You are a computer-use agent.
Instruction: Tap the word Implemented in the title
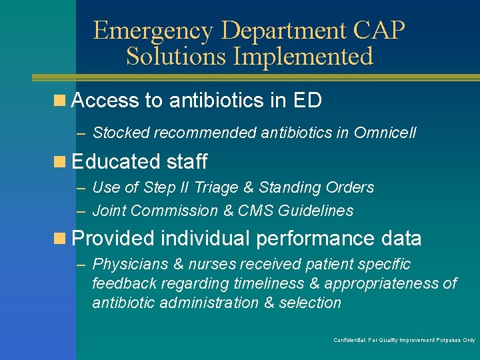tap(303, 57)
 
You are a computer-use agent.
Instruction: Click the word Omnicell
tap(385, 133)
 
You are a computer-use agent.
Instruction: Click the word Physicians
tap(129, 265)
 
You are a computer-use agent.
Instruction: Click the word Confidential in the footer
tap(349, 341)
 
